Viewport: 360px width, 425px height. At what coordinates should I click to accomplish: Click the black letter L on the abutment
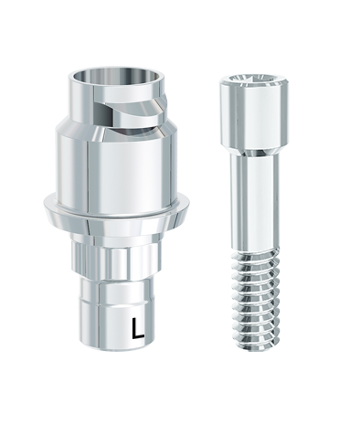(138, 328)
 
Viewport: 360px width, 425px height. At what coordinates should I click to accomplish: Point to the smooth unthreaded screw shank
(254, 204)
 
